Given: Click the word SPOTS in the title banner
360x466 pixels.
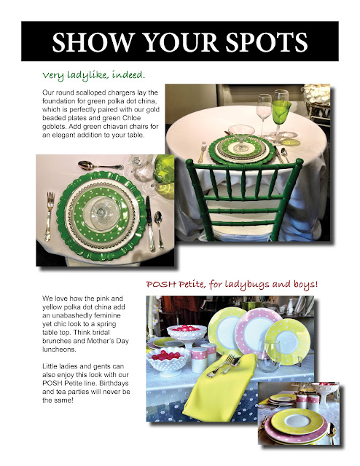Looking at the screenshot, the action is click(266, 42).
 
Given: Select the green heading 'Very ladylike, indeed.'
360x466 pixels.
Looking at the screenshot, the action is click(93, 75).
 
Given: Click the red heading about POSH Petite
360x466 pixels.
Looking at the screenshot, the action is click(232, 285).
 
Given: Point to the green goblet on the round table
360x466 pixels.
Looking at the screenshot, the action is click(281, 117).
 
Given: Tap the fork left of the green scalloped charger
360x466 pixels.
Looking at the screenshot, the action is click(50, 216).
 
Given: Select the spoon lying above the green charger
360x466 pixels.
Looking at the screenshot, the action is click(100, 165).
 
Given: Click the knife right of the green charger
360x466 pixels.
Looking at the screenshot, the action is click(150, 223).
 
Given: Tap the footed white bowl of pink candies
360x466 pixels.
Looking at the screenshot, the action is click(187, 334).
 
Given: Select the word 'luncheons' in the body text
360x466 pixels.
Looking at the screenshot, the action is click(58, 349).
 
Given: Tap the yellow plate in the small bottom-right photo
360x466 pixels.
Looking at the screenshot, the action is click(297, 422).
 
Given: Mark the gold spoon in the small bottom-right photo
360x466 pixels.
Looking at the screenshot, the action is click(332, 432).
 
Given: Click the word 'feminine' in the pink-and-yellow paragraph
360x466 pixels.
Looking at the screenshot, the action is click(108, 315).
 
